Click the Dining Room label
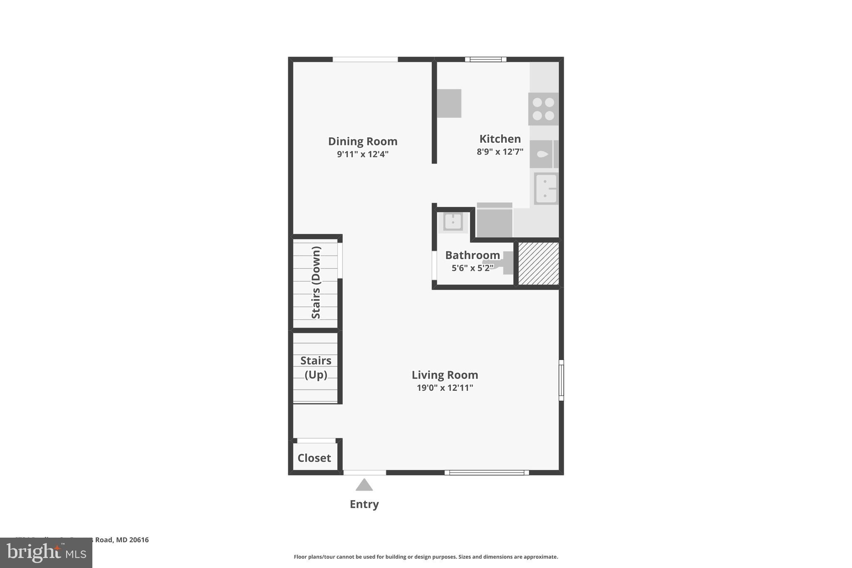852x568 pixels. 363,141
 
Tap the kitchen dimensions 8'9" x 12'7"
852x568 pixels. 500,152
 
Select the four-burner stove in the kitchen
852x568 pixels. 543,109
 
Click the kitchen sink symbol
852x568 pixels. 546,189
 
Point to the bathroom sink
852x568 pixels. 453,222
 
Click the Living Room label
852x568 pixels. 445,375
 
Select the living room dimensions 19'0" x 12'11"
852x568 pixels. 445,388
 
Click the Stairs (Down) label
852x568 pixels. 316,283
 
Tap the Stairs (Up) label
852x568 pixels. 316,367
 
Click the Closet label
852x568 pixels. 314,458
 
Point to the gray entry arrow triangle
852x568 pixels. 364,485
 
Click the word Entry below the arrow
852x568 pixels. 364,504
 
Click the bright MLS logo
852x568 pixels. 46,553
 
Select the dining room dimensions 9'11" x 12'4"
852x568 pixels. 363,154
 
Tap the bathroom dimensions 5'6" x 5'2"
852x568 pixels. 472,268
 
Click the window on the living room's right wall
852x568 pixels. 561,380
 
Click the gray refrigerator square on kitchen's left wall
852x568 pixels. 449,103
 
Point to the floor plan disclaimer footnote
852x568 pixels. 426,557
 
